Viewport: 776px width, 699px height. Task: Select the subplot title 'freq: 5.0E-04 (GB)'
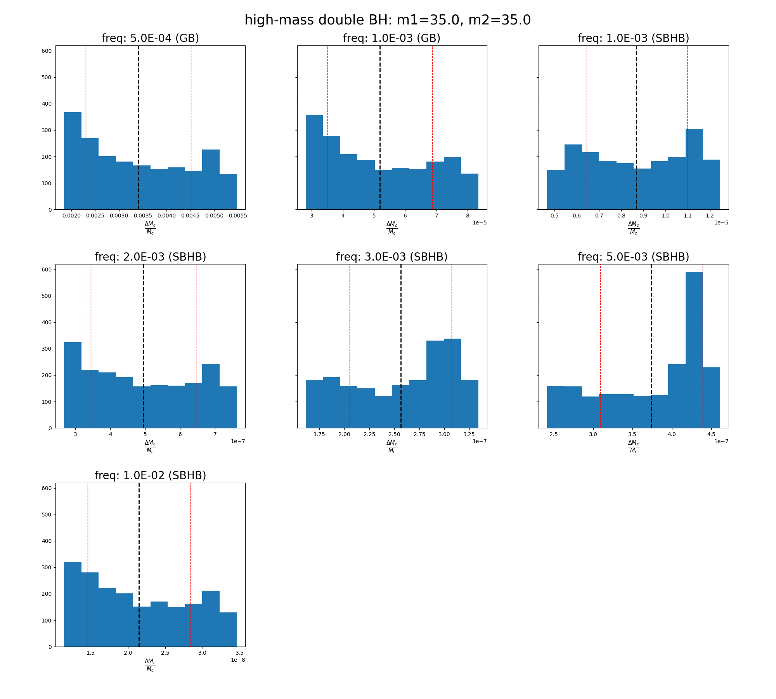(x=150, y=38)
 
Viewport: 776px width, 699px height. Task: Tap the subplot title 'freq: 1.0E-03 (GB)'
(x=391, y=38)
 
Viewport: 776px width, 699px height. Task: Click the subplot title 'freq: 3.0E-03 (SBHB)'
(x=391, y=257)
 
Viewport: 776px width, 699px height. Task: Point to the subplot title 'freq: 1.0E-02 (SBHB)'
(x=150, y=476)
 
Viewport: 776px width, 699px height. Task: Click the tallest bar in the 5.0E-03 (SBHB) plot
(x=694, y=349)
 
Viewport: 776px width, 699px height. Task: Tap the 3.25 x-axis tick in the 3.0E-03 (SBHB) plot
(x=469, y=434)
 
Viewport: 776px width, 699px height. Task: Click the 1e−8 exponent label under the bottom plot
(x=238, y=660)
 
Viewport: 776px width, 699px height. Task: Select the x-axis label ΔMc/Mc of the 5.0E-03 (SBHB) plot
(x=633, y=446)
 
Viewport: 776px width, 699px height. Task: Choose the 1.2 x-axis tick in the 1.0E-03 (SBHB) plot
(x=710, y=216)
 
